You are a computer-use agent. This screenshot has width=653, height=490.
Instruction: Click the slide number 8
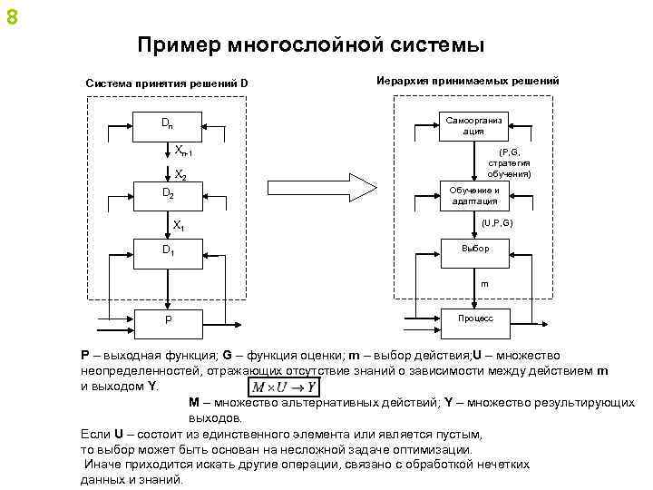10,15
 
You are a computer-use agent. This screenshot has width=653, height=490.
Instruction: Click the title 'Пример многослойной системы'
311,44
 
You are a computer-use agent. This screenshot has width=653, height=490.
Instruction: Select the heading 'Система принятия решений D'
167,84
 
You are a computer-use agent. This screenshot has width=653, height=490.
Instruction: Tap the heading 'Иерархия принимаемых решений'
467,81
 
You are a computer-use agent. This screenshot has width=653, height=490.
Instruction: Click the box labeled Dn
168,124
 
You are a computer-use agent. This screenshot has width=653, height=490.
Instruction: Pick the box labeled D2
168,194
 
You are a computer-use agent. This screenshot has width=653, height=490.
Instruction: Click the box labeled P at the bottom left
168,319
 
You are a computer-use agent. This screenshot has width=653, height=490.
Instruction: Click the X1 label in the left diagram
180,224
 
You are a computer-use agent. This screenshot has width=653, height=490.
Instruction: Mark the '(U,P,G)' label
497,221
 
